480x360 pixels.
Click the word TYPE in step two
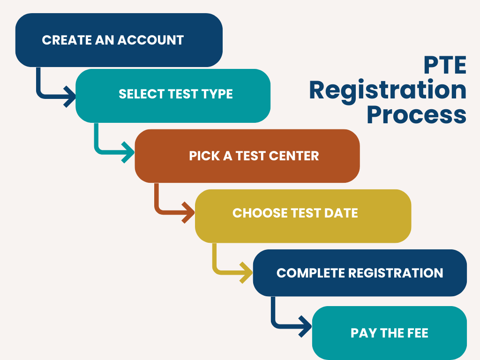pos(217,94)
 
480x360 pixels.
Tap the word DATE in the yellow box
pos(341,213)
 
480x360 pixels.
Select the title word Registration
pos(388,90)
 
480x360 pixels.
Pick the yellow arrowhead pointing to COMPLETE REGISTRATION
pos(247,272)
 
